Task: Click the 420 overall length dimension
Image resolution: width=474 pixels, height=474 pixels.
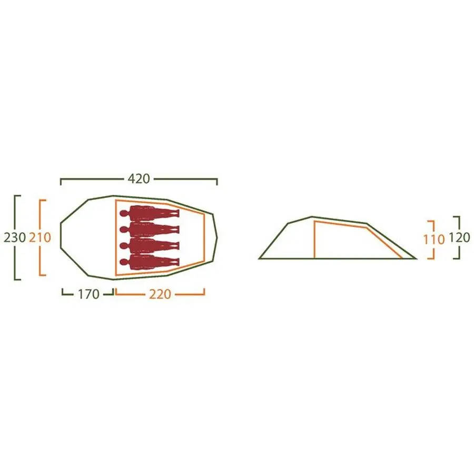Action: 139,179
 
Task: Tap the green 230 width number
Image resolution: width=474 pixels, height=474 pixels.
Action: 15,238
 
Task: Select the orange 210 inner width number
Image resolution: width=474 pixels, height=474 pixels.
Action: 40,238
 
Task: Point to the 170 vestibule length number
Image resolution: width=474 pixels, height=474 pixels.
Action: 88,294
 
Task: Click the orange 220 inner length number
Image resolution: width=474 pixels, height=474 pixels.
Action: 160,294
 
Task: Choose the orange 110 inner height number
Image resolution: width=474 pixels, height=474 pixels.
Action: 434,240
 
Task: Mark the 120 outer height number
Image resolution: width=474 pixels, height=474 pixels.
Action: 459,238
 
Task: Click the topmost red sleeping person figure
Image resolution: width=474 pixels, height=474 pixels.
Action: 150,213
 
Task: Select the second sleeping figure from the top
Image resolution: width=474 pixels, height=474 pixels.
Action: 150,230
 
